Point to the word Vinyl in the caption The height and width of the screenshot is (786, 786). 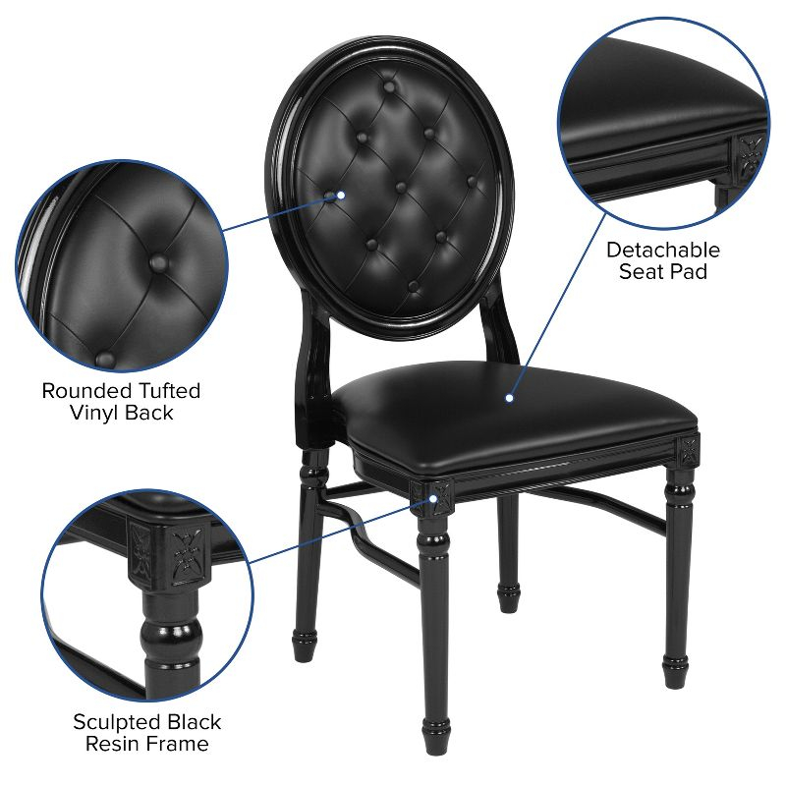95,413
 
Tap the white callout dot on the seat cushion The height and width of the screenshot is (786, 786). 509,398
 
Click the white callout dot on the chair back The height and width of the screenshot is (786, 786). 341,195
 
